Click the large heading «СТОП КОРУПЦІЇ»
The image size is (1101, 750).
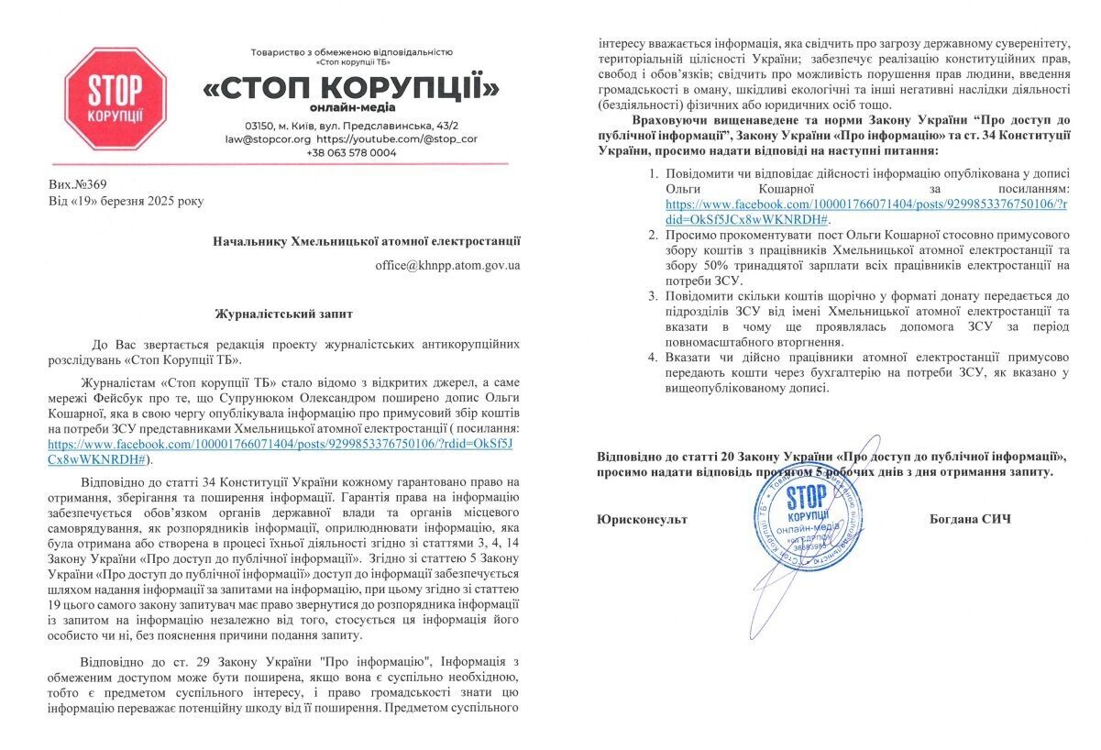pos(351,89)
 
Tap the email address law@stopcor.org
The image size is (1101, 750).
pos(268,139)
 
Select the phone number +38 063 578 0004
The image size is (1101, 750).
pos(351,152)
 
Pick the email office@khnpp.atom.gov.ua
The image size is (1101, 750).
pos(447,265)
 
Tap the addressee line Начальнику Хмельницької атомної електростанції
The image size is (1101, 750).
pos(367,242)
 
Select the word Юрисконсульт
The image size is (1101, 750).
pos(642,520)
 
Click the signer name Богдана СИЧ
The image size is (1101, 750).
pos(969,520)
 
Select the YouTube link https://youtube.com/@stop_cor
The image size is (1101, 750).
pos(396,139)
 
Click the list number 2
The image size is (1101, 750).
pos(652,235)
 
